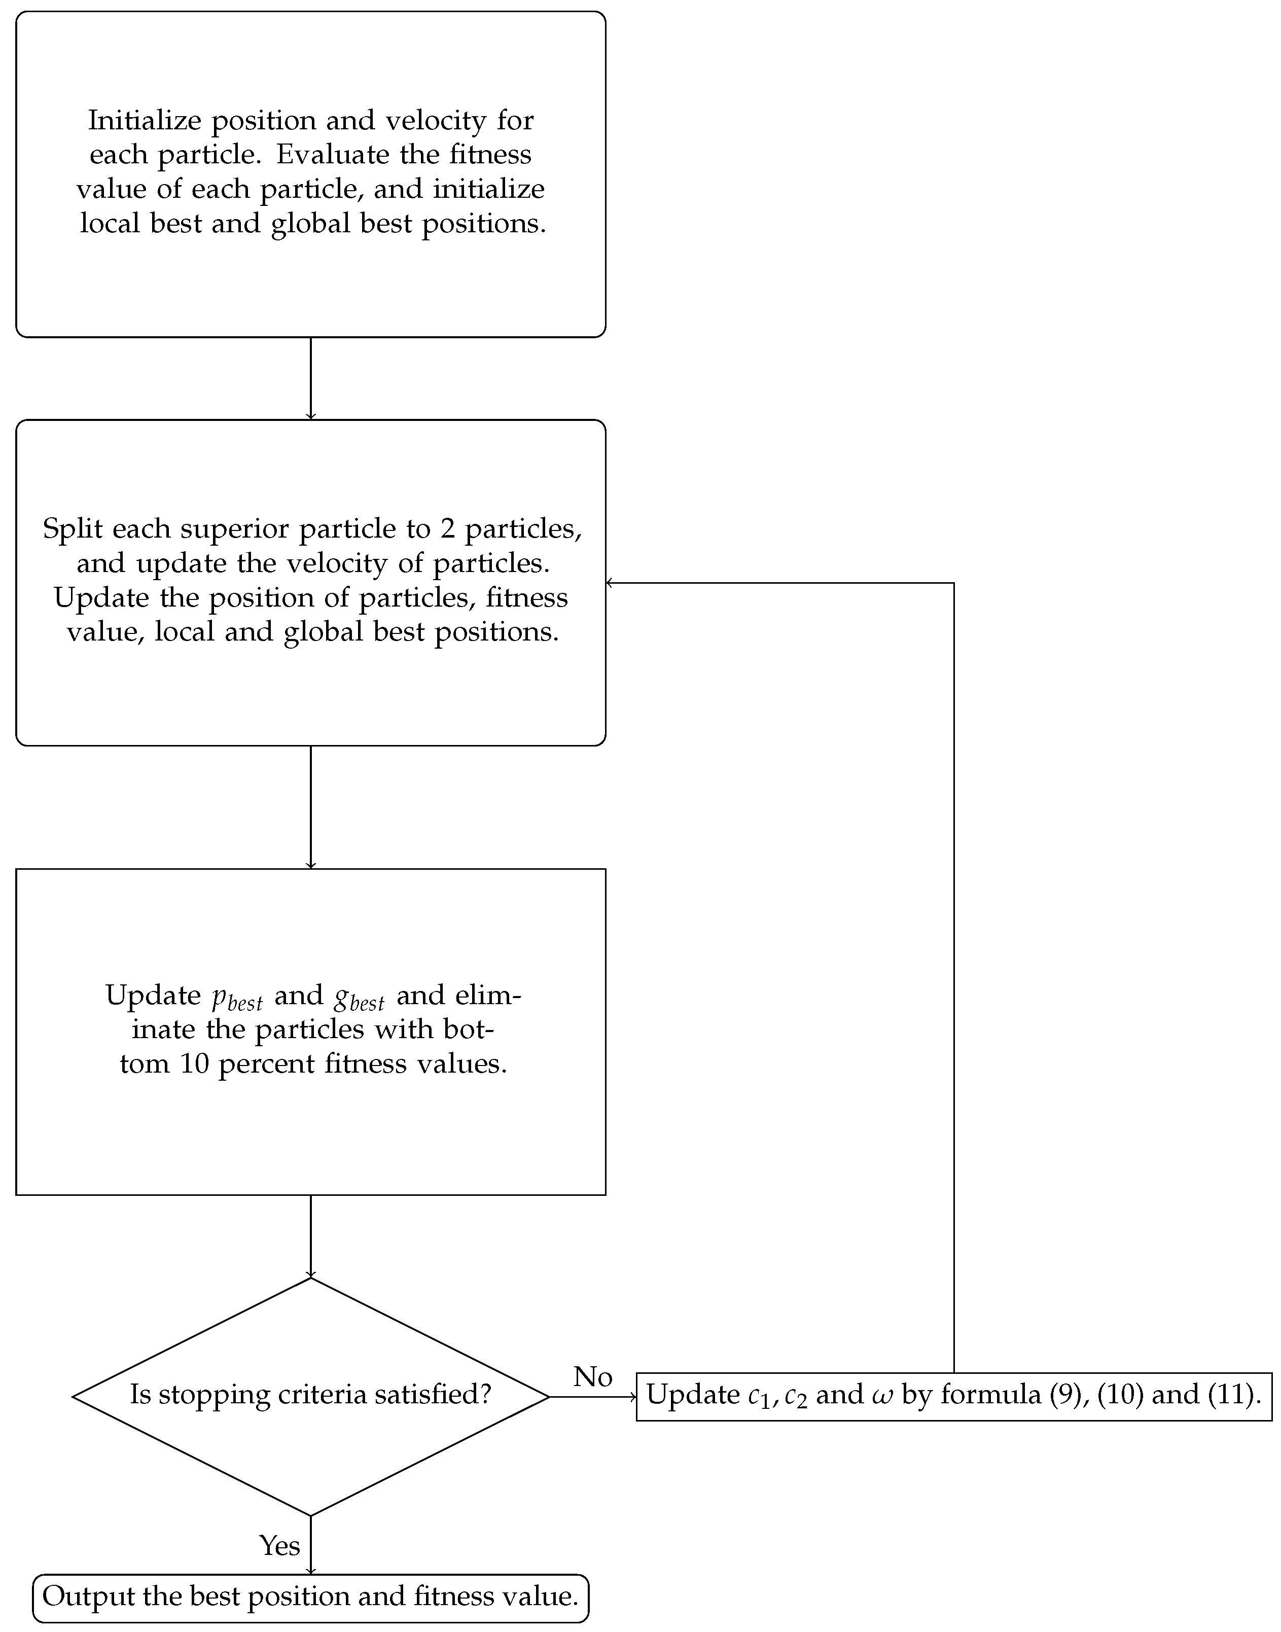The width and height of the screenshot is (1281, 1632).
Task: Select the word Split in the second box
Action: coord(73,529)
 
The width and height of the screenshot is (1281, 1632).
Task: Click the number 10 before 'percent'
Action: coord(194,1063)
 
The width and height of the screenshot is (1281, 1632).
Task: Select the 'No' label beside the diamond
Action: coord(592,1376)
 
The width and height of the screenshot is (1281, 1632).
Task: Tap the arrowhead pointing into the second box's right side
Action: coord(610,583)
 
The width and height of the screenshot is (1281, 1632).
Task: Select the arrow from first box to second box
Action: coord(310,379)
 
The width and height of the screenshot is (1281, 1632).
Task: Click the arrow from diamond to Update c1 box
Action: coord(592,1397)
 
